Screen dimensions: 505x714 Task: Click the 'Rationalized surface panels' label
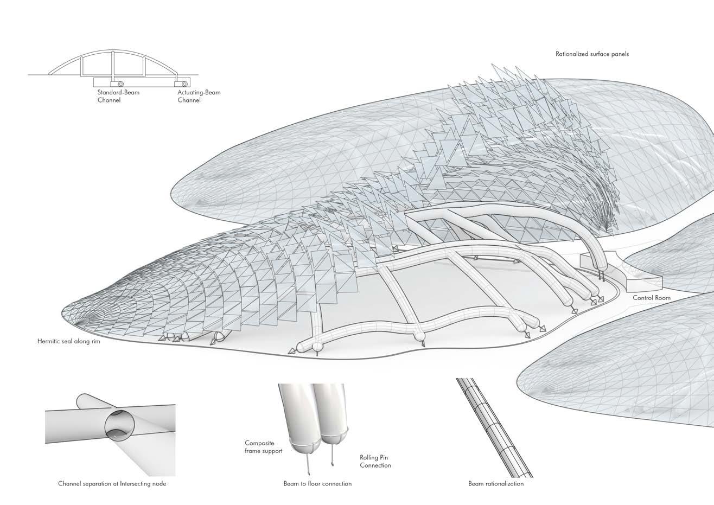592,54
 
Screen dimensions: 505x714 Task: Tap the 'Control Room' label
652,298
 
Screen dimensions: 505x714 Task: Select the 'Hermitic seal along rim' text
69,342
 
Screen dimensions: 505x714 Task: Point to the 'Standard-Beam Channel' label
114,96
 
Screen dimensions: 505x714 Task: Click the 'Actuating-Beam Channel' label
199,96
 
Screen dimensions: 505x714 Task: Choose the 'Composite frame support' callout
263,447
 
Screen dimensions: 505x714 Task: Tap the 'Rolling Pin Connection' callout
375,461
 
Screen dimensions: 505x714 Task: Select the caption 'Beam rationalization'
496,483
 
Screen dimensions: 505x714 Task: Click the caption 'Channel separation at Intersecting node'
112,483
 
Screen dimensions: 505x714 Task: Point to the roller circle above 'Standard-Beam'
120,84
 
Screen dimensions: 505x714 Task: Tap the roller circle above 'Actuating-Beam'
185,84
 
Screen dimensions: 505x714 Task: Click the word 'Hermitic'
49,342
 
